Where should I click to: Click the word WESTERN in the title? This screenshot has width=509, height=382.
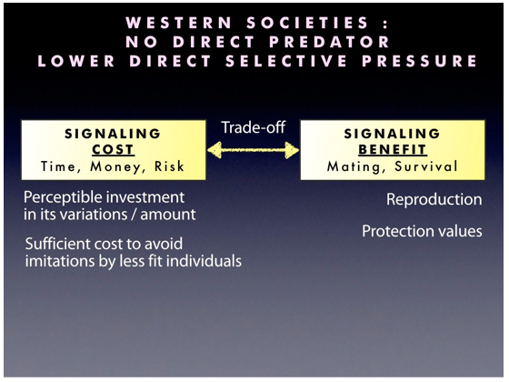179,23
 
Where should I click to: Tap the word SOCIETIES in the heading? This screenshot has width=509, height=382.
307,23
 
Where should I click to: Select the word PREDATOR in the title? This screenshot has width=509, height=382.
329,42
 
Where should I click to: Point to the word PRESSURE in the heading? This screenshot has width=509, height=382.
419,61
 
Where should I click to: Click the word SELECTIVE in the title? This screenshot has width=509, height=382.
286,61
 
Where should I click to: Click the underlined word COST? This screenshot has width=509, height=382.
113,149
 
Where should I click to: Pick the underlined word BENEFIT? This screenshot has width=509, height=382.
393,149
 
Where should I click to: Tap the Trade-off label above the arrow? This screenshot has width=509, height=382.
254,127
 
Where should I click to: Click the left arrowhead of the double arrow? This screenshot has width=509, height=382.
215,150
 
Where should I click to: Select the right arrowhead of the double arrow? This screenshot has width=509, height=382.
292,150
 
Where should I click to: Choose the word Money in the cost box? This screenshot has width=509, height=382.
116,166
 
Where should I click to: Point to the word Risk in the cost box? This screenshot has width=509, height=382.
169,166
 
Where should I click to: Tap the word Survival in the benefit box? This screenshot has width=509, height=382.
426,166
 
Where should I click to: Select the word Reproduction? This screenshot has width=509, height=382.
434,199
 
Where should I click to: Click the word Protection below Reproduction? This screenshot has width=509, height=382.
397,231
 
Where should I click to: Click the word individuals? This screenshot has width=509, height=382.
208,260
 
